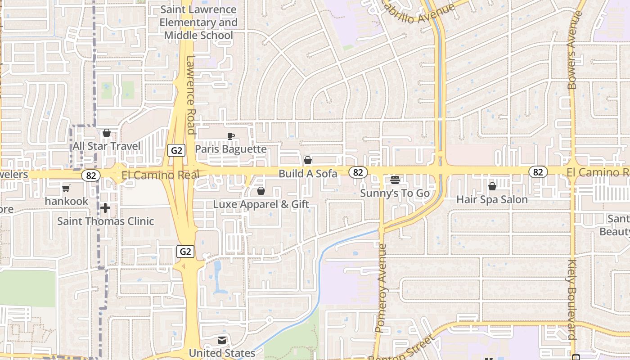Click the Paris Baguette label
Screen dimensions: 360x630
tap(230, 149)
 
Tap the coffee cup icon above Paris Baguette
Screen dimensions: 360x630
tap(230, 136)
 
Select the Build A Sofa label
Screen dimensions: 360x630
tap(308, 173)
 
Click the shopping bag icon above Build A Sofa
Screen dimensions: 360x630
tap(308, 160)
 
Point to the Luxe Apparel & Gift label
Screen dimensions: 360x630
tap(261, 204)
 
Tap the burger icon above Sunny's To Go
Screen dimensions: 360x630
tap(395, 180)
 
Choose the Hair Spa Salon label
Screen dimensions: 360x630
tap(492, 199)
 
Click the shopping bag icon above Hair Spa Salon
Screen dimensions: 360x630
tap(492, 186)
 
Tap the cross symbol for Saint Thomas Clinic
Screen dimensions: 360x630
tap(106, 208)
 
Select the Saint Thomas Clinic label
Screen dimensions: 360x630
tap(106, 221)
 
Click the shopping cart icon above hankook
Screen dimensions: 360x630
tap(66, 188)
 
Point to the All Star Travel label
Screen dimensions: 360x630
tap(107, 146)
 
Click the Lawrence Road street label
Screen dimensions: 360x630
tap(191, 95)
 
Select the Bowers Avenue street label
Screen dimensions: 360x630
tap(572, 49)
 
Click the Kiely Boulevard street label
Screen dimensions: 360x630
tap(572, 299)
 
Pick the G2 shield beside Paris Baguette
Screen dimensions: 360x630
tap(176, 150)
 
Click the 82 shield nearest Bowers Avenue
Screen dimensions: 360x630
tap(538, 171)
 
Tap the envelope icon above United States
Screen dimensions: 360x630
tap(222, 340)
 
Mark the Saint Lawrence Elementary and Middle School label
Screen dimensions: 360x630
tap(198, 22)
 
